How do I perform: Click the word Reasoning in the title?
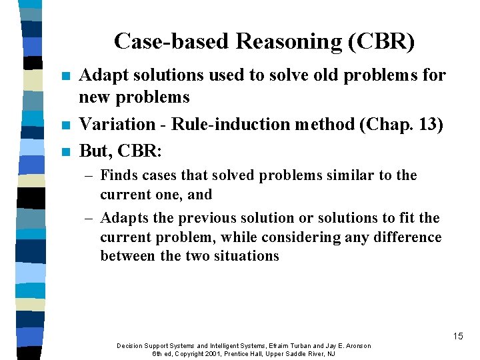click(291, 41)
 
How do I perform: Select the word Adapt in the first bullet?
click(99, 76)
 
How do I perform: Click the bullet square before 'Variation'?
click(64, 125)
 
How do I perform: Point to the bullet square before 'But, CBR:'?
click(64, 152)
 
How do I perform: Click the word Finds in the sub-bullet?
click(117, 175)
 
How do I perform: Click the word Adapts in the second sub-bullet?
click(123, 218)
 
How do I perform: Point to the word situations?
click(246, 256)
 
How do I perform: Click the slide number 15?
click(457, 336)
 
